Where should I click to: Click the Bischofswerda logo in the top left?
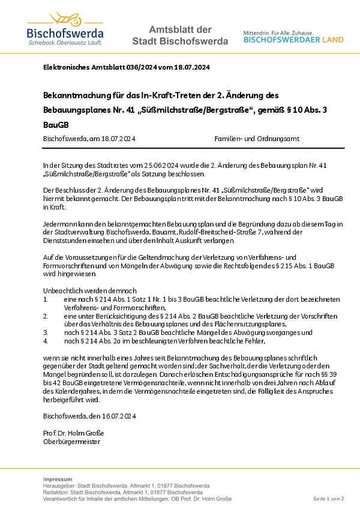point(65,29)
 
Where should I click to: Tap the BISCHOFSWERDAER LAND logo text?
point(293,40)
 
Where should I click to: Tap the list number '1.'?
point(46,299)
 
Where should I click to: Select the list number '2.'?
point(46,315)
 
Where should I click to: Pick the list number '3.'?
point(46,331)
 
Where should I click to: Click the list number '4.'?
point(46,341)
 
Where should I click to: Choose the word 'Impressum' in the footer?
point(58,479)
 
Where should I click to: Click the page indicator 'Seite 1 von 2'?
point(329,499)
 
